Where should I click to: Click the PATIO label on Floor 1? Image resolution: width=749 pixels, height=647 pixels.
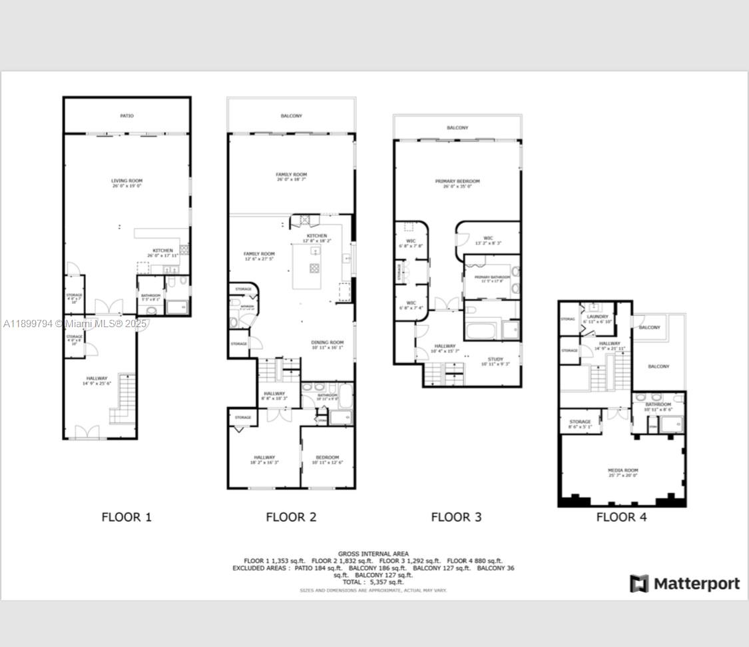pyautogui.click(x=126, y=116)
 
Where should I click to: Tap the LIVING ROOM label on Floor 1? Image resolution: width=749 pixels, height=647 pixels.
pyautogui.click(x=126, y=181)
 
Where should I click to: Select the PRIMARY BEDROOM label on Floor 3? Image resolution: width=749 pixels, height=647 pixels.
pyautogui.click(x=457, y=181)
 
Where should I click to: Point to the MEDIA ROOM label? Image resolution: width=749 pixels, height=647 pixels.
pyautogui.click(x=623, y=470)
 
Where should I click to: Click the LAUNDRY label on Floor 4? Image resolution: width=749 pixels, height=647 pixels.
pyautogui.click(x=598, y=317)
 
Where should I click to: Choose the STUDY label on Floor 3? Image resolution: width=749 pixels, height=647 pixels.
pyautogui.click(x=495, y=359)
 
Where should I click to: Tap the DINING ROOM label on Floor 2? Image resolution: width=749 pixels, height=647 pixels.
pyautogui.click(x=327, y=342)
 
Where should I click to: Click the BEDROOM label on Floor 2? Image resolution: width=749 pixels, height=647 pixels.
pyautogui.click(x=327, y=457)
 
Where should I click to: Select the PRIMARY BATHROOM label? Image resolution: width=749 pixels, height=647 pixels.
pyautogui.click(x=492, y=277)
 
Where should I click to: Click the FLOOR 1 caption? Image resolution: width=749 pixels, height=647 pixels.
pyautogui.click(x=126, y=516)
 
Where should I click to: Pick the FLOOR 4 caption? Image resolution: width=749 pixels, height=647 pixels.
pyautogui.click(x=621, y=516)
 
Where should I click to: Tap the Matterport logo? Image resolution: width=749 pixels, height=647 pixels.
pyautogui.click(x=685, y=584)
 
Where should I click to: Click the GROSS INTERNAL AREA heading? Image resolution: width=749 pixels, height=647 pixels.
pyautogui.click(x=374, y=554)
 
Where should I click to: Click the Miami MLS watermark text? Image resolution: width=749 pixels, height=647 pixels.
pyautogui.click(x=75, y=324)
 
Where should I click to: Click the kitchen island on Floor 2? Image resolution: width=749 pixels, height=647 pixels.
pyautogui.click(x=314, y=267)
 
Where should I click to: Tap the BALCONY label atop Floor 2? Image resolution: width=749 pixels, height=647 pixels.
pyautogui.click(x=291, y=116)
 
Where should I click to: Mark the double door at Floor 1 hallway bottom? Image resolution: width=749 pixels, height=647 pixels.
pyautogui.click(x=87, y=432)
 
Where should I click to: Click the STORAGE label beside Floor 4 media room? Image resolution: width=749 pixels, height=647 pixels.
pyautogui.click(x=580, y=422)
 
